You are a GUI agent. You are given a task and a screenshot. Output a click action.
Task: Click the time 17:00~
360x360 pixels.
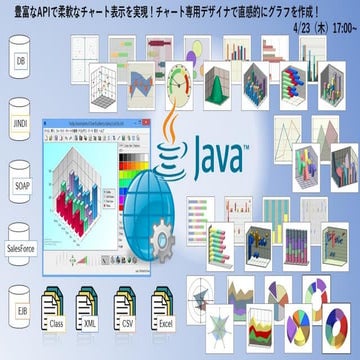click(336, 29)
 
